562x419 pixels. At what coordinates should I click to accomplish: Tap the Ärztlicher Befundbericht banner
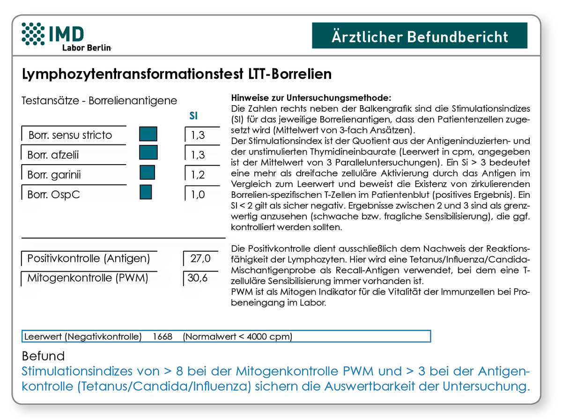(419, 36)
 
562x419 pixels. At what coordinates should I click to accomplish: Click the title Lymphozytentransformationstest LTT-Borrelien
(177, 74)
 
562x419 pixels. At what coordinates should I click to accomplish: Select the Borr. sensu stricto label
(70, 136)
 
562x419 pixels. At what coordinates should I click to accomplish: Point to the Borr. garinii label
(54, 174)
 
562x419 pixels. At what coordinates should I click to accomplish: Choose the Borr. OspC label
(53, 194)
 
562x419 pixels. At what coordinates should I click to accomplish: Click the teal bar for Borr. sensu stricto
(148, 134)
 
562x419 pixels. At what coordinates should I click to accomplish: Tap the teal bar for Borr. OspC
(146, 192)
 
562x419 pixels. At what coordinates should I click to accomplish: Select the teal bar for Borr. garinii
(147, 173)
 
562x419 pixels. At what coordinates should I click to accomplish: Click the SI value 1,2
(197, 175)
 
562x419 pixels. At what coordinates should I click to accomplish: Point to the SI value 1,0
(197, 194)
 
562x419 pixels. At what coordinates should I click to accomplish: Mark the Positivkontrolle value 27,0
(200, 259)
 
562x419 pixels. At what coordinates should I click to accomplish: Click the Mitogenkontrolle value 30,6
(197, 278)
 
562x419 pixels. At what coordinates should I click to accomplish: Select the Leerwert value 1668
(162, 337)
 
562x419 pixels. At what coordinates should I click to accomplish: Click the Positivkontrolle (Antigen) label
(89, 258)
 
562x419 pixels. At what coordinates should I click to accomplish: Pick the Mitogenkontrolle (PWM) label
(88, 278)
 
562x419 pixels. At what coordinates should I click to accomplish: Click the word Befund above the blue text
(43, 356)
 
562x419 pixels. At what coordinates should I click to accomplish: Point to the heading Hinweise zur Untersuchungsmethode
(311, 99)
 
